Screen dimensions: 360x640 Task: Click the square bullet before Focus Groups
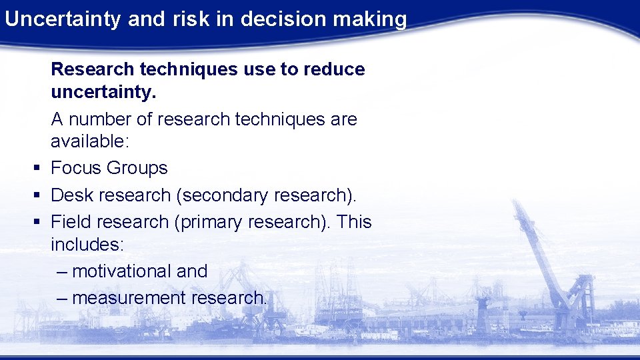coord(37,169)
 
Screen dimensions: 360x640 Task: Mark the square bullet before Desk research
coord(37,195)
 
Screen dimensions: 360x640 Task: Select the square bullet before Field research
coord(37,222)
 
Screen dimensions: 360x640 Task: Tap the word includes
coord(87,244)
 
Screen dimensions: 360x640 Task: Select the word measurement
coord(129,298)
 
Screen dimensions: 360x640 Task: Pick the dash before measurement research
coord(63,298)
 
